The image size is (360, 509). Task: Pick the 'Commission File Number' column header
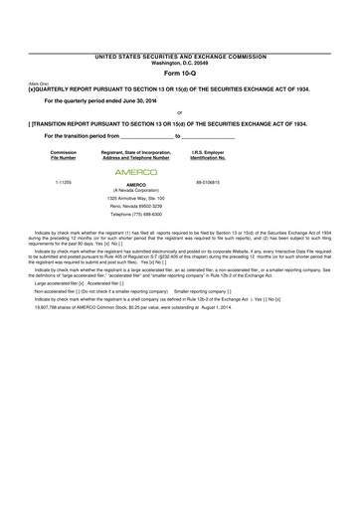click(x=63, y=155)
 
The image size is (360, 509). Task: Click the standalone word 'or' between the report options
click(x=179, y=112)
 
